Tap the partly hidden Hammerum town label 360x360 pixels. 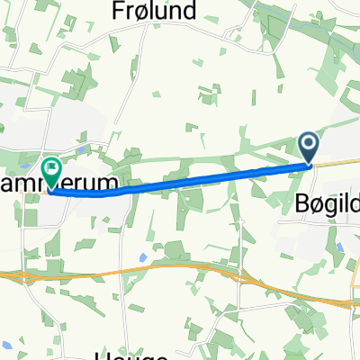76,184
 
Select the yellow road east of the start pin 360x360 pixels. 337,163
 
